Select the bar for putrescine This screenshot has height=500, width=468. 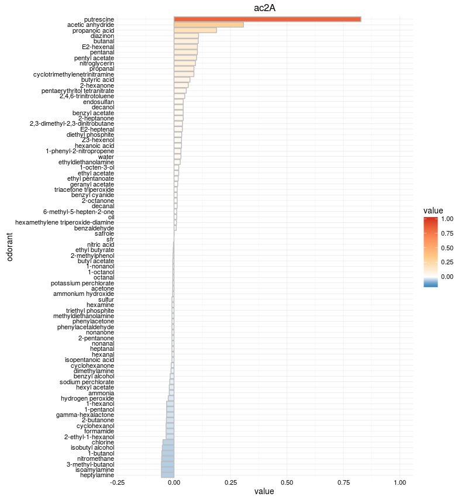click(x=267, y=19)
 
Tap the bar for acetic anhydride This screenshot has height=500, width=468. click(x=209, y=25)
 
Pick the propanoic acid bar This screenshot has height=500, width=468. click(x=195, y=30)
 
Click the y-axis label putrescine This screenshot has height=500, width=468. click(x=99, y=19)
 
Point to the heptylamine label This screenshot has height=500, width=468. click(x=97, y=475)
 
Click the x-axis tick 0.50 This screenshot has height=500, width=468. click(x=287, y=482)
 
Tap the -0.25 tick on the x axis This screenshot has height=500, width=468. click(x=117, y=482)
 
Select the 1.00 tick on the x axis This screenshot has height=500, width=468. click(x=400, y=482)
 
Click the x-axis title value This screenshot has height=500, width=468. click(x=264, y=492)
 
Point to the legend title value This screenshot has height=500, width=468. click(x=433, y=210)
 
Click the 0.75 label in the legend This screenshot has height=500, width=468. click(x=448, y=233)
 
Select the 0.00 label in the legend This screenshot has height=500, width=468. click(x=448, y=277)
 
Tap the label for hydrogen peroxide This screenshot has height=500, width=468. click(x=88, y=398)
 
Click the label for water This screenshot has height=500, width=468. click(x=106, y=157)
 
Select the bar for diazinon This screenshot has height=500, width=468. click(x=186, y=36)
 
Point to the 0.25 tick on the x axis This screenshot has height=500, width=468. click(x=230, y=482)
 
